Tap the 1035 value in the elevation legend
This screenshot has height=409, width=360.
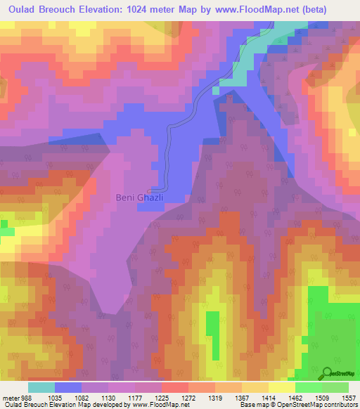tap(68, 396)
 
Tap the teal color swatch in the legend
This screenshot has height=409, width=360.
tap(41, 387)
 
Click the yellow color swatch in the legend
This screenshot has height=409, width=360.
tap(281, 387)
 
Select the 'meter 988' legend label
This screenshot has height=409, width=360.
tap(16, 396)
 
